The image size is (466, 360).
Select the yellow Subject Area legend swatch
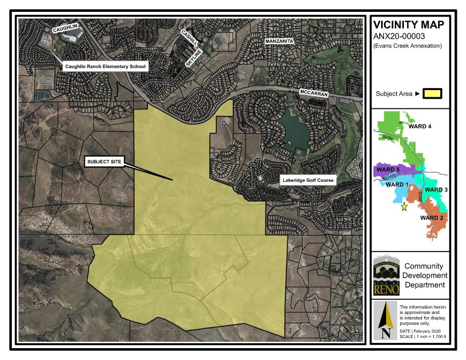pos(433,93)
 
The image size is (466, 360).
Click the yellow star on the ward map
pos(404,207)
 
